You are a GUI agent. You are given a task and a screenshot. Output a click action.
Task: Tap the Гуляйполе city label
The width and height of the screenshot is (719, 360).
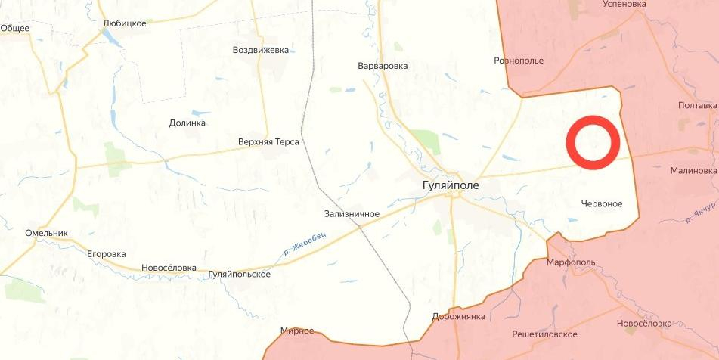tap(451, 184)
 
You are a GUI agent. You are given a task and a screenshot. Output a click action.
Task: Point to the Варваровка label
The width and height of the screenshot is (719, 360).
tap(383, 66)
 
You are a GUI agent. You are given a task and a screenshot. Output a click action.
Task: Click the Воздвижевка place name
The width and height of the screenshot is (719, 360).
tap(260, 50)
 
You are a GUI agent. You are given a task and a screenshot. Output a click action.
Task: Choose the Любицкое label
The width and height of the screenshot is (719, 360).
tap(124, 23)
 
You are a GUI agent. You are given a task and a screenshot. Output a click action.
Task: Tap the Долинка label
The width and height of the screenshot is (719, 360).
tap(187, 123)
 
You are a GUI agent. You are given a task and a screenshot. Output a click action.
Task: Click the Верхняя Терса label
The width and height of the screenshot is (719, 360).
tap(268, 141)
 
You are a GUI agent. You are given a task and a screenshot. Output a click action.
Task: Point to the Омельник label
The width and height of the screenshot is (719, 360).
tap(47, 233)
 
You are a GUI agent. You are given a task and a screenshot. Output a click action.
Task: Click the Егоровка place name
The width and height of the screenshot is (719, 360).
tap(106, 254)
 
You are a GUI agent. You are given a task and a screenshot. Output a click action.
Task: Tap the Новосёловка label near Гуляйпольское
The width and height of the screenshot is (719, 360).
tap(169, 268)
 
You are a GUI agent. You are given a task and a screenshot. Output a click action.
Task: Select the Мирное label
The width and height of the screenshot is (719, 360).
tap(296, 331)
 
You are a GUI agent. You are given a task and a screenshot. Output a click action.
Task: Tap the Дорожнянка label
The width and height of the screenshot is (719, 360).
tap(458, 316)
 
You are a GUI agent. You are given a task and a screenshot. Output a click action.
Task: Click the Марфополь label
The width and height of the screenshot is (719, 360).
tap(571, 262)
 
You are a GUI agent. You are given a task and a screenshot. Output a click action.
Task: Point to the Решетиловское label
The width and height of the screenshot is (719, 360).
tap(544, 334)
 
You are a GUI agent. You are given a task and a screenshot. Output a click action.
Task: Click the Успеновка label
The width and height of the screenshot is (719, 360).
tap(624, 4)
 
